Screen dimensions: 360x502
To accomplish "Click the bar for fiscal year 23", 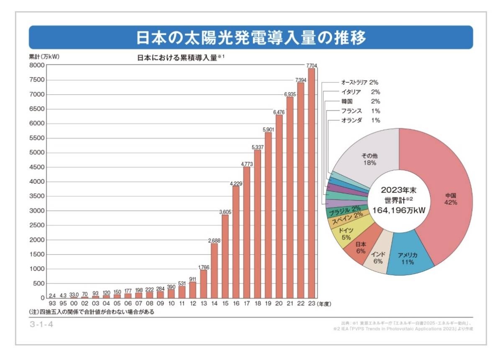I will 311,183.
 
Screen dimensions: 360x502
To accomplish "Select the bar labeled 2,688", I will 214,270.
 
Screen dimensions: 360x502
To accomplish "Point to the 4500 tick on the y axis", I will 37,167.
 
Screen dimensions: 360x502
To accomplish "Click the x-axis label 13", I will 204,304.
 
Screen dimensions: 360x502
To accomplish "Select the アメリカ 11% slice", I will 408,258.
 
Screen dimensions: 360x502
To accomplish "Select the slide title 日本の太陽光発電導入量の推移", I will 251,38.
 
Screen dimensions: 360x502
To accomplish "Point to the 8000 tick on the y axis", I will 37,66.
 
